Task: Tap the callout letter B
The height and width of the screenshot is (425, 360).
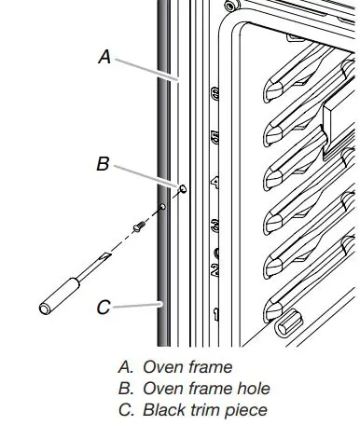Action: pos(104,164)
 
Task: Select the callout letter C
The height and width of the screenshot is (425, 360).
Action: pos(104,305)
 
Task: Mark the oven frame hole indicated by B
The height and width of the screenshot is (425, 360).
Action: pos(182,189)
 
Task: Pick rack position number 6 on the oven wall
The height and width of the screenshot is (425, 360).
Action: pos(215,94)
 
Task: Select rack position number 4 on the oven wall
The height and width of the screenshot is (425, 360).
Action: pos(215,181)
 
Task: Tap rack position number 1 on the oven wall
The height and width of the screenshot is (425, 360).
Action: pos(215,311)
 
